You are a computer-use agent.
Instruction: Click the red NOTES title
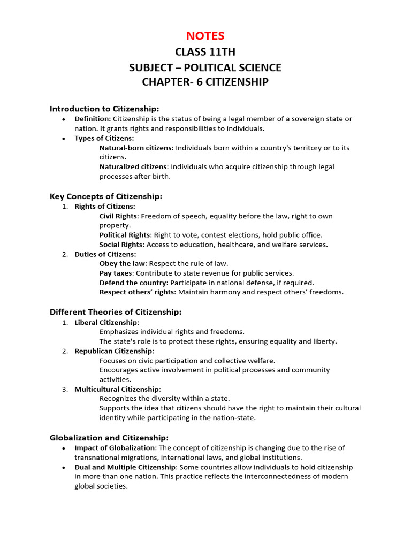click(205, 36)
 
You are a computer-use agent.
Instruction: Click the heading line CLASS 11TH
click(205, 52)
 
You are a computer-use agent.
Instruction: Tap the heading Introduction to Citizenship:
click(104, 109)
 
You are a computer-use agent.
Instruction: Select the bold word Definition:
click(93, 119)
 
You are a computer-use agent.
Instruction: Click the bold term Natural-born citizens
click(136, 148)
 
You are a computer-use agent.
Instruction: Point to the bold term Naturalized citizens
click(133, 167)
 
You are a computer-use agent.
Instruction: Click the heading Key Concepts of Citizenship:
click(105, 196)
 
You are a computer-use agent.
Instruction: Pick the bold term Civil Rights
click(118, 216)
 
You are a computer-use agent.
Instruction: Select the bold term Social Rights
click(121, 245)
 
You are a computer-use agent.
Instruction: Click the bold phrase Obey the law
click(123, 263)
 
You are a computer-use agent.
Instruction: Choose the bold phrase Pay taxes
click(116, 273)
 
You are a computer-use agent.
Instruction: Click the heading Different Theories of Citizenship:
click(116, 312)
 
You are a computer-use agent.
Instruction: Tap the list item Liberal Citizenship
click(106, 322)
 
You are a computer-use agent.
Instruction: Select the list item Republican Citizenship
click(113, 351)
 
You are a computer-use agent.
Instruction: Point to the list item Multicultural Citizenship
click(117, 389)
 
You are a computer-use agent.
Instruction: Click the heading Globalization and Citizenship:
click(109, 438)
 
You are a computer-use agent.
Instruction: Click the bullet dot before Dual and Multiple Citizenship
click(64, 467)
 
